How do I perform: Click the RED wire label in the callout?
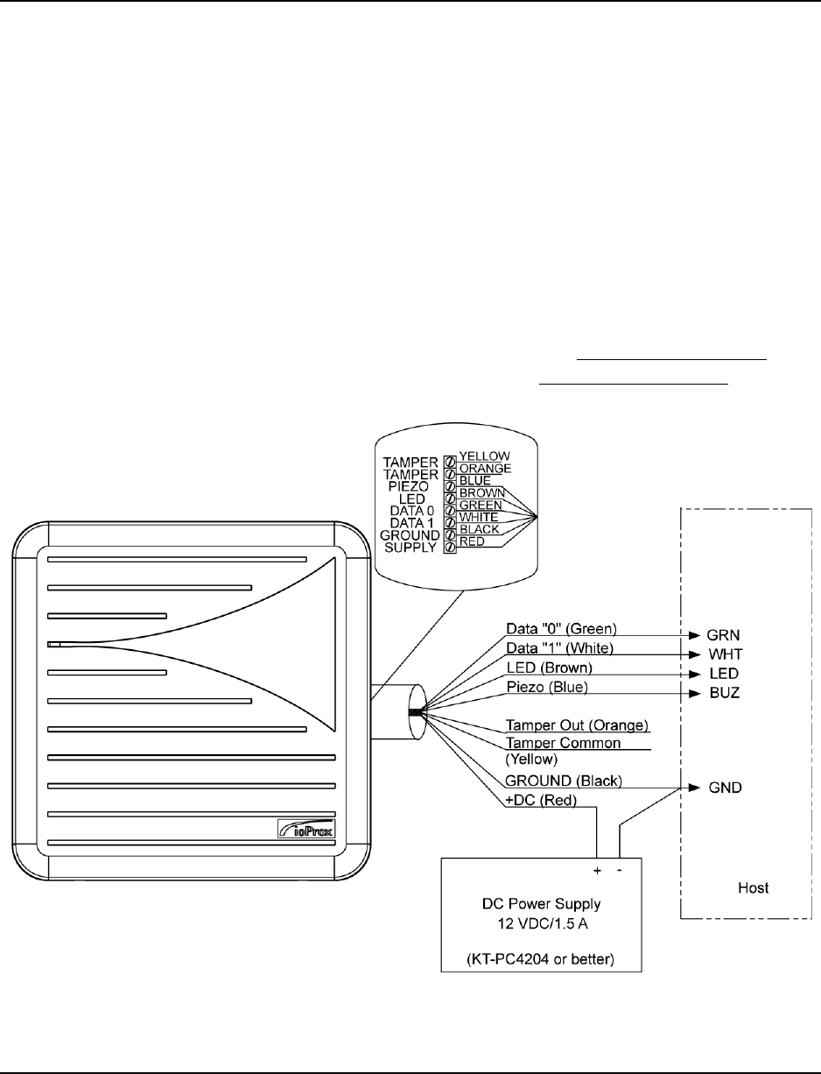click(473, 542)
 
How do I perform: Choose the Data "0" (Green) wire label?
click(562, 629)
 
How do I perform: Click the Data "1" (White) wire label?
click(561, 648)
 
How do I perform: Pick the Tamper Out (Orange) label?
click(578, 725)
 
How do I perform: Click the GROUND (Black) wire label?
click(565, 781)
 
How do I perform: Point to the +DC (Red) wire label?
click(539, 801)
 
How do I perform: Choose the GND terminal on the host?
click(726, 788)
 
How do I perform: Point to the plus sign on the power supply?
click(596, 871)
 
